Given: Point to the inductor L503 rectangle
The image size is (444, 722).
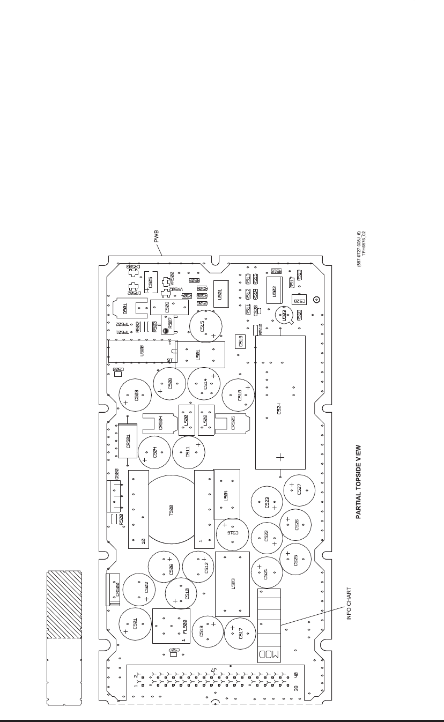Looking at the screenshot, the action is pos(232,584).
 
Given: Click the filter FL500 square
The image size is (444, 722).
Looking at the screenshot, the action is pos(171,626).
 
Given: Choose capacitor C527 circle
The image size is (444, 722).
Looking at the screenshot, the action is pos(299,490).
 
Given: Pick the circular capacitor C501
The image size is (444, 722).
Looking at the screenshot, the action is pos(135,624).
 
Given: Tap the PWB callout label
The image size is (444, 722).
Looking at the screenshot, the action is pos(157,236).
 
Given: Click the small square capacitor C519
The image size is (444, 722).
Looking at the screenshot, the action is pos(241,340).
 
